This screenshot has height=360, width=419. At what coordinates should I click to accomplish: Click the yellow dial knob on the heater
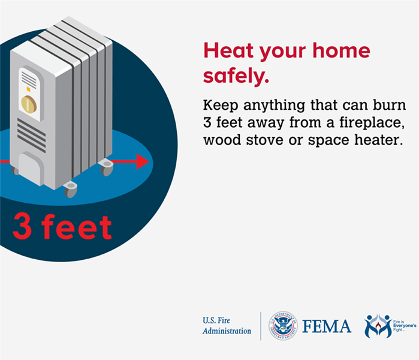[x=29, y=104]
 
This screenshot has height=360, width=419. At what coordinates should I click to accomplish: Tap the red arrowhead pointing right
[x=143, y=161]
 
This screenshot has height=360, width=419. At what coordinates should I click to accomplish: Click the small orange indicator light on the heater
[x=28, y=89]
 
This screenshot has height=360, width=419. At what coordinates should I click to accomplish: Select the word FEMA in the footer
[x=327, y=326]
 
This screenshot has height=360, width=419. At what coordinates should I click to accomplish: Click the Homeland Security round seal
[x=283, y=326]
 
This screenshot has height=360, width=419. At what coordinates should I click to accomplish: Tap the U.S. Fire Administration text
[x=227, y=325]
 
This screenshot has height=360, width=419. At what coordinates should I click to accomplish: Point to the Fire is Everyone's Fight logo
[x=390, y=326]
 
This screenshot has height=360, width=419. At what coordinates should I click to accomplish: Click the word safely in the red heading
[x=236, y=76]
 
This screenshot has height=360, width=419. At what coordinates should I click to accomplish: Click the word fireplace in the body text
[x=372, y=122]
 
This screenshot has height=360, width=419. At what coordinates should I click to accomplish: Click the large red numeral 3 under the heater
[x=22, y=226]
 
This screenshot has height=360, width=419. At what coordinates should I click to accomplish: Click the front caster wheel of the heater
[x=71, y=190]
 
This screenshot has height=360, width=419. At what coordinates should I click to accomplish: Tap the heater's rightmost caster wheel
[x=106, y=167]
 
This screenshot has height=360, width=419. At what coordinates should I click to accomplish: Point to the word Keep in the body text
[x=221, y=105]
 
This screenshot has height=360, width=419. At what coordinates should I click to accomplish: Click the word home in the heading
[x=341, y=50]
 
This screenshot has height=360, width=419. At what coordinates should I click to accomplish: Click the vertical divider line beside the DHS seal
[x=261, y=326]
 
